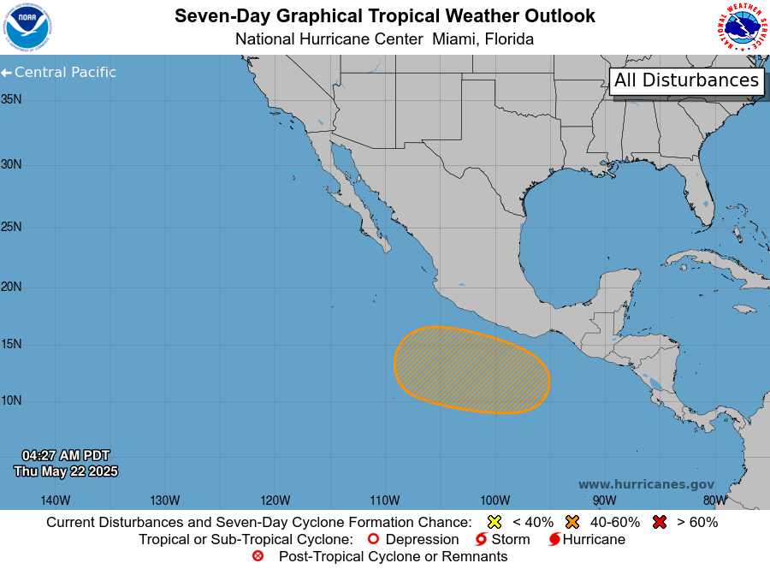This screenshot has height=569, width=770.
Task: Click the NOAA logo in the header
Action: point(28,27)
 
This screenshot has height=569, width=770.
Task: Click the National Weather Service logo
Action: point(742,27)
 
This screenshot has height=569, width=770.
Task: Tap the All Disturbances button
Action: point(686,80)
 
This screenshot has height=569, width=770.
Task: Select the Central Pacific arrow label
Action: point(59,73)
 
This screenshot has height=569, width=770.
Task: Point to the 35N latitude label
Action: point(11,99)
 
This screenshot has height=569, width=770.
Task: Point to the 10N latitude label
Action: point(11,400)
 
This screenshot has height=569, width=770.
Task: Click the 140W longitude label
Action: point(56,501)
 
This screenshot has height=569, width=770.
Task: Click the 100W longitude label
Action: point(495,501)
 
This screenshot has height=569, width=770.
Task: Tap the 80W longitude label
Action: point(714,501)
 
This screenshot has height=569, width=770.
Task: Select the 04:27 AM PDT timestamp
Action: point(66,455)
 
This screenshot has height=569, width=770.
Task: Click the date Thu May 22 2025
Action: point(66,471)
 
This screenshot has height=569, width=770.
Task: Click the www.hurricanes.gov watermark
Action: point(646,484)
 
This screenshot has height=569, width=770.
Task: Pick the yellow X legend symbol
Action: point(494,522)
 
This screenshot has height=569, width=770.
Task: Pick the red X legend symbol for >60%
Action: point(660,522)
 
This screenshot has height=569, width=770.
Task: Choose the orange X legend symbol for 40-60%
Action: point(572,522)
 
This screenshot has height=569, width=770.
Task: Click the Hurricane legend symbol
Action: point(554,540)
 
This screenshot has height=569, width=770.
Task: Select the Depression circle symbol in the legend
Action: point(372,540)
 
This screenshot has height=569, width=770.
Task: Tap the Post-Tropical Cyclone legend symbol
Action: point(258,556)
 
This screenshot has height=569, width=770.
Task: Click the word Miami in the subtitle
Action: point(454,39)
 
